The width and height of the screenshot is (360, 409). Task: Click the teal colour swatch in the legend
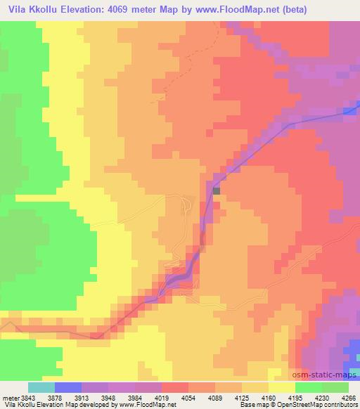(41, 387)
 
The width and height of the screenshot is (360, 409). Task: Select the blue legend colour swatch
(68, 387)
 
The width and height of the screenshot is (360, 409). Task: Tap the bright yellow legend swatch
(282, 387)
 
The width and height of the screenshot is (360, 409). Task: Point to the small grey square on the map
(217, 190)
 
